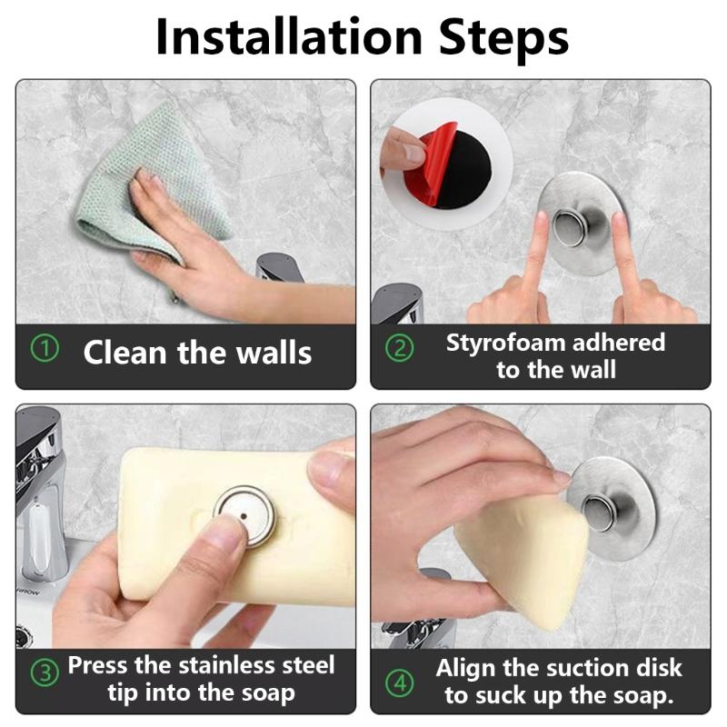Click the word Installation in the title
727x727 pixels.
(289, 37)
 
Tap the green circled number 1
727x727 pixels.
(45, 349)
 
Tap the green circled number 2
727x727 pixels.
(399, 349)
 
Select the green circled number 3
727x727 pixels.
(45, 673)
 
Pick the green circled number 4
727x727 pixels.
(399, 682)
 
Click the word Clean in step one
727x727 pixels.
(124, 353)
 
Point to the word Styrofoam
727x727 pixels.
(505, 344)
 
